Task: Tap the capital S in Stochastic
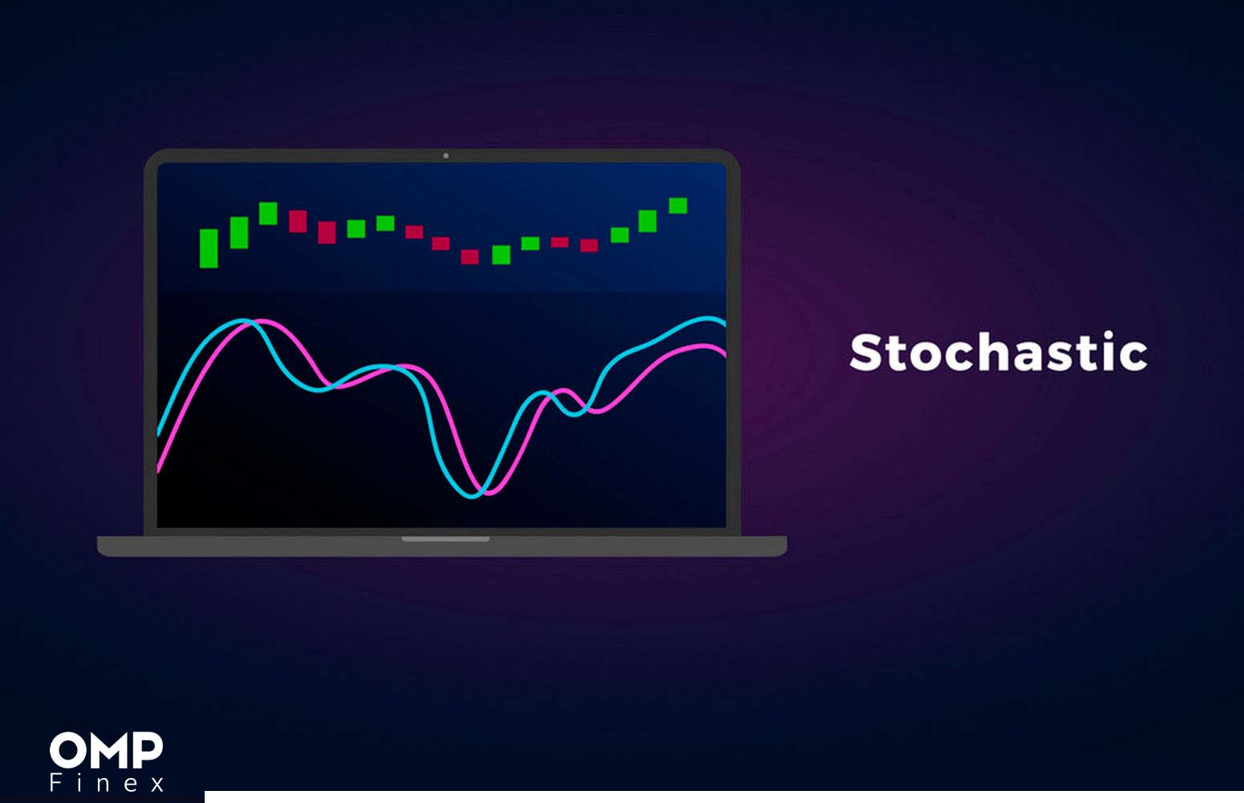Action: coord(866,353)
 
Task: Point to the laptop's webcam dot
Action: coord(446,156)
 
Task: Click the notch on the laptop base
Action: coord(445,539)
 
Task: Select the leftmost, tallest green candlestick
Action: coord(209,248)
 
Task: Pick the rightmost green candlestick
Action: coord(678,206)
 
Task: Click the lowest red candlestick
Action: coord(470,257)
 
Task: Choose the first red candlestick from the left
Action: coord(298,221)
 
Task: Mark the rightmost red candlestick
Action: coord(589,245)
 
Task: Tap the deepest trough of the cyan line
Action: coord(471,496)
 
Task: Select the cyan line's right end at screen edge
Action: coord(725,323)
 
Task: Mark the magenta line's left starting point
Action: coord(159,470)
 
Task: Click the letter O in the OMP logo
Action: coord(66,750)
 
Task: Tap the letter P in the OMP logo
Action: coord(147,750)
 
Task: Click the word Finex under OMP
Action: coord(107,782)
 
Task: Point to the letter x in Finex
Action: coord(158,785)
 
